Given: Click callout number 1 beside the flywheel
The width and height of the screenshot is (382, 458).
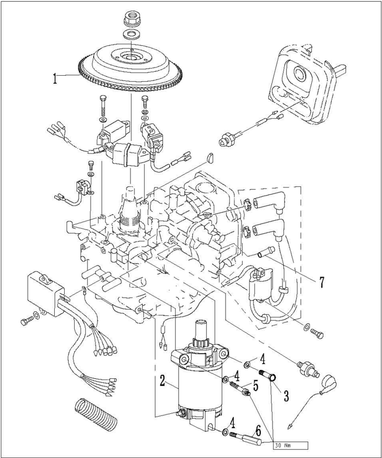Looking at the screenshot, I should tap(55, 78).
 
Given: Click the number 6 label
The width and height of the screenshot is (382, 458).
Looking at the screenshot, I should tap(258, 429).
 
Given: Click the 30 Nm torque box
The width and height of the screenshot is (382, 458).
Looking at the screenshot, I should tap(285, 444).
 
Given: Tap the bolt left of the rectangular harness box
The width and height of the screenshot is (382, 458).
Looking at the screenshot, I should tap(26, 321).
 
